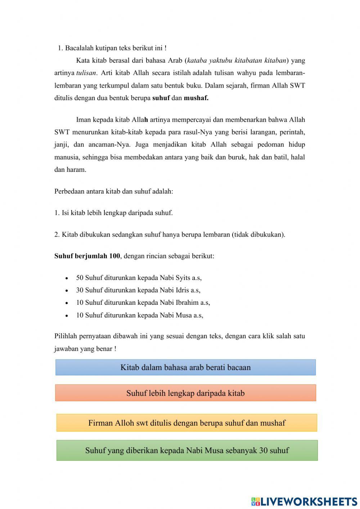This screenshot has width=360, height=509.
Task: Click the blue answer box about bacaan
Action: coord(185,367)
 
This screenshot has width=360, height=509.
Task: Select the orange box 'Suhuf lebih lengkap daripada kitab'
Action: coord(185,393)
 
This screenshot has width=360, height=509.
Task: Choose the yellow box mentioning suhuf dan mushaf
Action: coord(186,423)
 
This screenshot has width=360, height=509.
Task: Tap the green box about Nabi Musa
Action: coord(187,450)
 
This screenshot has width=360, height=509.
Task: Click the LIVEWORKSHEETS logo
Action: coord(304,501)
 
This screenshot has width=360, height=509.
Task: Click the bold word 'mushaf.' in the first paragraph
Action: coord(196,98)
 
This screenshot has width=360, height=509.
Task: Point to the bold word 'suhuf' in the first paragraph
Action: coord(161,98)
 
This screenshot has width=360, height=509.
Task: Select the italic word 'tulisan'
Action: coord(86,73)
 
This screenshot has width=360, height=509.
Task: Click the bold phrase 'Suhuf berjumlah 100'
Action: coord(87,256)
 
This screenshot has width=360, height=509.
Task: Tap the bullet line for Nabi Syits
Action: coord(139,278)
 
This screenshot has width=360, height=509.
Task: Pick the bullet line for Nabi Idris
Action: coord(138,290)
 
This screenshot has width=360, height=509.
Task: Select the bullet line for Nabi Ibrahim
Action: coord(143,303)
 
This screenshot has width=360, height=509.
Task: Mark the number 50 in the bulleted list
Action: coord(80,278)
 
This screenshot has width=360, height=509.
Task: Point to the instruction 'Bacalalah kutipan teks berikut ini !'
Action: coord(116,48)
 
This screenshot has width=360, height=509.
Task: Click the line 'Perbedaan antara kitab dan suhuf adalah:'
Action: coord(114,191)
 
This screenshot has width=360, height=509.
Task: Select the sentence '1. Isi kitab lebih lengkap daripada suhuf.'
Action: coord(113,213)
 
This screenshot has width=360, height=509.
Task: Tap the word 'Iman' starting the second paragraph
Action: coord(83,120)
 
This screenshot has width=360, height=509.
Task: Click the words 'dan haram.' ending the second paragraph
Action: coord(70,170)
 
